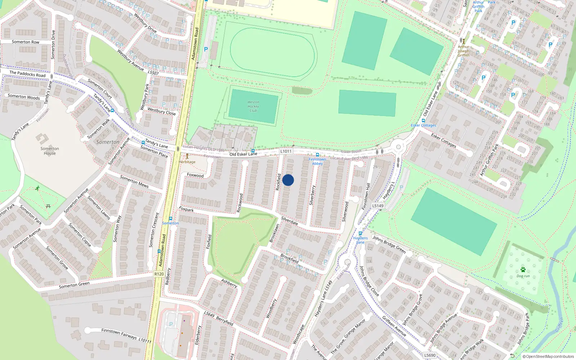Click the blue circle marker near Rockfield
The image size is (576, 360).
coord(288,180)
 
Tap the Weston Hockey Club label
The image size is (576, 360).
coord(253,107)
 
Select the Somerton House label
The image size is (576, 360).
coord(50,151)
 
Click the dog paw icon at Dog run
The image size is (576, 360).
coord(523,270)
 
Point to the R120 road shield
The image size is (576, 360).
coord(159,274)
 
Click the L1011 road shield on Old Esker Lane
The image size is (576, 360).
coord(286,151)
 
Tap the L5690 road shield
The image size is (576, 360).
coord(430,355)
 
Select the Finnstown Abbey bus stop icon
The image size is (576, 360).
coord(317,155)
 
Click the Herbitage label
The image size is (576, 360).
coord(187,162)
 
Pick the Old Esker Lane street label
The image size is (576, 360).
coord(243,154)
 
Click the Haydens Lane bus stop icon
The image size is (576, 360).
coord(360,233)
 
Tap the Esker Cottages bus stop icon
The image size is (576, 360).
coord(423,121)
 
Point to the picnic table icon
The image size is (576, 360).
coord(48,206)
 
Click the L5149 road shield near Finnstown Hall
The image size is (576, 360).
coord(378,206)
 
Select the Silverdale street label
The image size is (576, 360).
coord(289,221)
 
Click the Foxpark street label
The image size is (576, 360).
coord(186,209)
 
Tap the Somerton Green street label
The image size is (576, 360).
coord(74,285)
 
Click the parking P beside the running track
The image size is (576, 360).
coord(206,49)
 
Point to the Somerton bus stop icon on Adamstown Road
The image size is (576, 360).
coord(170,219)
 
